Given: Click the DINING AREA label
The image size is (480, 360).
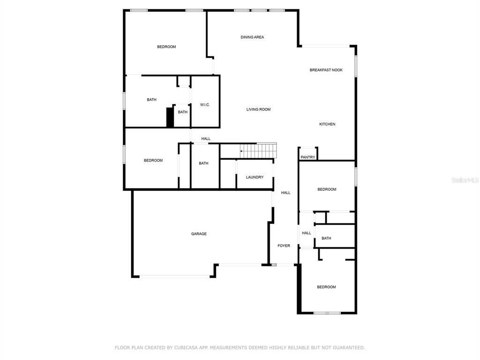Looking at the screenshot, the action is click(x=252, y=37).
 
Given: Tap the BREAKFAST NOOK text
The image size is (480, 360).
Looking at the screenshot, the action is click(x=326, y=70).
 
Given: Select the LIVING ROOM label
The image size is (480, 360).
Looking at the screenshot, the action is click(x=258, y=109).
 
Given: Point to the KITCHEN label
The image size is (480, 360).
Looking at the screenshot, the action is click(x=327, y=124).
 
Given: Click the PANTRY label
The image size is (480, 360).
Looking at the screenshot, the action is click(x=307, y=157).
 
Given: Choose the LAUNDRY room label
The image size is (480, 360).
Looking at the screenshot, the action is click(x=255, y=177).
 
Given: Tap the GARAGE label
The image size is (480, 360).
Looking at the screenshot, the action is click(x=199, y=234).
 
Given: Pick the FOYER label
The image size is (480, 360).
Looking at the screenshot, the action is click(x=284, y=246).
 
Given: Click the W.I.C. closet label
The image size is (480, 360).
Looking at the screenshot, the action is click(x=205, y=105).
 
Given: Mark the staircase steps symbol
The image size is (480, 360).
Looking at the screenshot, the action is click(x=258, y=150).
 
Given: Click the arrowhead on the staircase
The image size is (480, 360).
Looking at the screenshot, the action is click(x=241, y=151).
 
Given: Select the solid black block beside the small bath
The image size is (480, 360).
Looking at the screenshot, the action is click(x=170, y=117).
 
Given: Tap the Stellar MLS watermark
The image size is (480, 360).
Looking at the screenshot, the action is click(x=465, y=180).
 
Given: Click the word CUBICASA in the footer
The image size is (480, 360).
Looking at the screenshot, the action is click(x=185, y=347).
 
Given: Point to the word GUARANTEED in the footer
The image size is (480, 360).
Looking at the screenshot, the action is click(x=347, y=347).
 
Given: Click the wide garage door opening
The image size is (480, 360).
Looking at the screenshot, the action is click(x=175, y=277).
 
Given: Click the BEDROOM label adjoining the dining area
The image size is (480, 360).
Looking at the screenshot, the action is click(x=166, y=47).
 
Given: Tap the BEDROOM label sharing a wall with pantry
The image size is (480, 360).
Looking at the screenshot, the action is click(x=327, y=189).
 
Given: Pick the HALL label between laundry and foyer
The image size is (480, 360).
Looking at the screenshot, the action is click(x=285, y=193).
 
